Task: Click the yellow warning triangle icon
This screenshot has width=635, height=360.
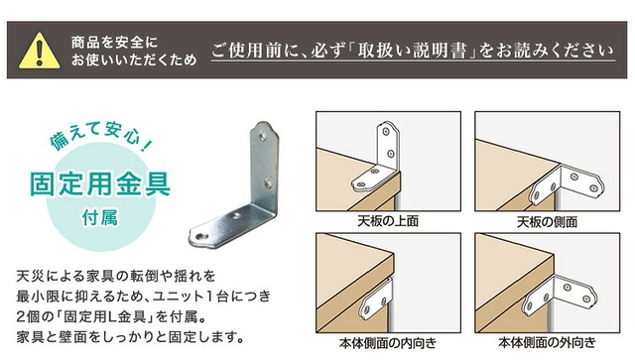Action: (39, 51)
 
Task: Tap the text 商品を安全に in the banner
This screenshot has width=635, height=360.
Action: (114, 42)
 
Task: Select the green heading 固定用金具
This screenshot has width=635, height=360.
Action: (100, 184)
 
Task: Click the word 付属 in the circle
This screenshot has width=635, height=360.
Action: (99, 218)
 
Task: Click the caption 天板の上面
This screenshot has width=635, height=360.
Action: (388, 221)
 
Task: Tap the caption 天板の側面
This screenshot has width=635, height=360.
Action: (547, 221)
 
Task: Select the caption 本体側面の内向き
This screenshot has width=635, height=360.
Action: (388, 343)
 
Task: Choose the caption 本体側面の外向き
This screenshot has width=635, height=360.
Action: (547, 342)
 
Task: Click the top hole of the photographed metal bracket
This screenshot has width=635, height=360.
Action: (263, 135)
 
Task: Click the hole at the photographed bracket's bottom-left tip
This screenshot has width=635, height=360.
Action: (201, 236)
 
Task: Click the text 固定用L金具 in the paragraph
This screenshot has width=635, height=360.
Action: (104, 316)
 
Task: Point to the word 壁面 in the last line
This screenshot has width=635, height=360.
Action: (72, 336)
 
